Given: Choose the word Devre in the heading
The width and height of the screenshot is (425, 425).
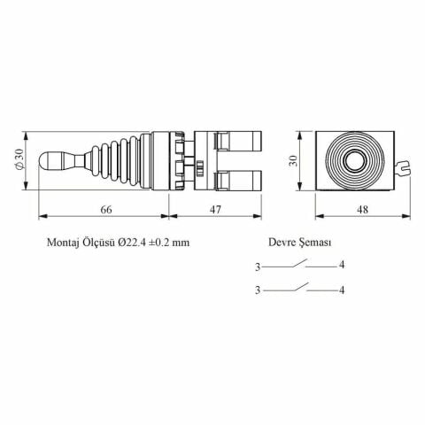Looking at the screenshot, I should pyautogui.click(x=282, y=241).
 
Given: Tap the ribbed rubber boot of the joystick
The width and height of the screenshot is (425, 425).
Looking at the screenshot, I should pyautogui.click(x=123, y=162).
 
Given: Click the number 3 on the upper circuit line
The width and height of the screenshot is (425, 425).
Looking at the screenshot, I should pyautogui.click(x=257, y=265).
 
